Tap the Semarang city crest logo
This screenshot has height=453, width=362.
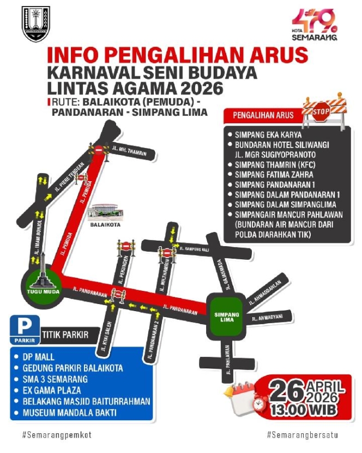35,24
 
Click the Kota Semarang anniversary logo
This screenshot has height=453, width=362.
315,25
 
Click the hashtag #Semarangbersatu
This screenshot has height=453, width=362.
303,434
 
